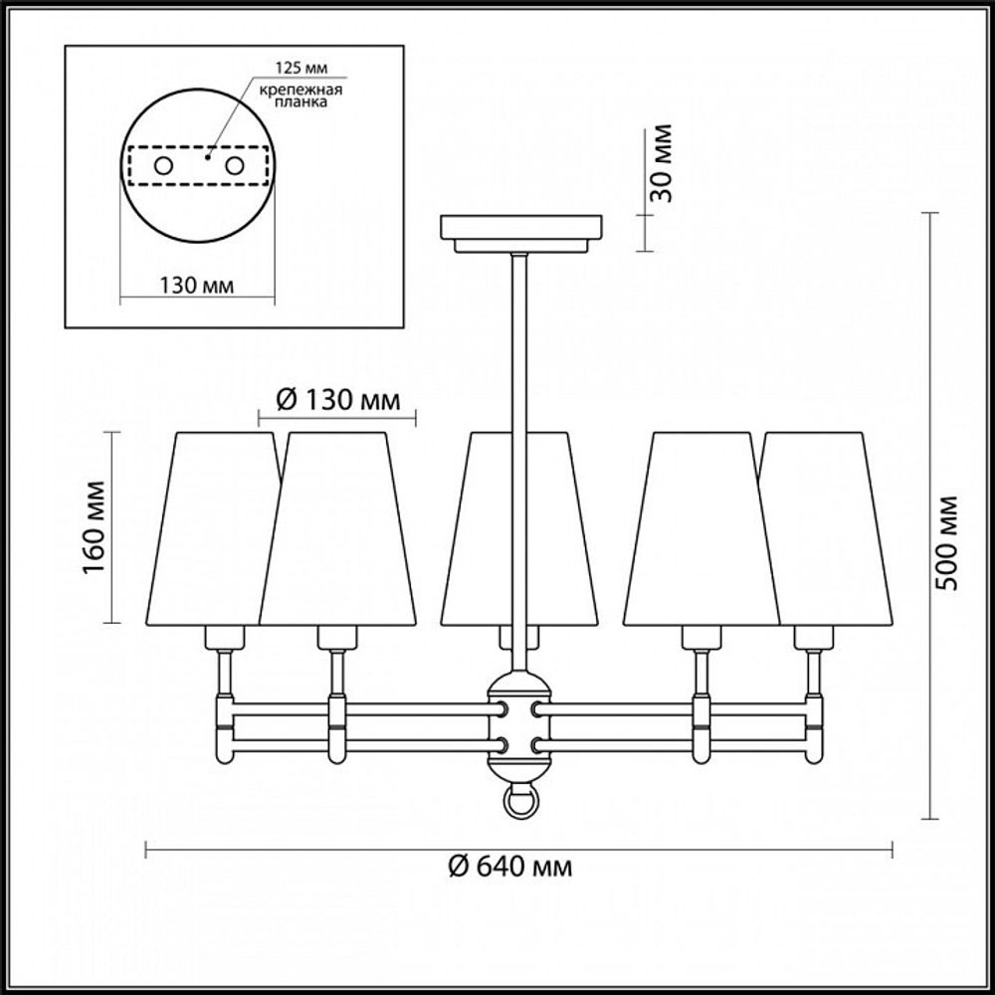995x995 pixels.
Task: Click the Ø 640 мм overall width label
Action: point(509,867)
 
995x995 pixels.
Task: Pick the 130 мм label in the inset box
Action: point(196,285)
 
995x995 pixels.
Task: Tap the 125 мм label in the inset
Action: point(300,70)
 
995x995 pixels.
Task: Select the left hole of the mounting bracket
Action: point(162,165)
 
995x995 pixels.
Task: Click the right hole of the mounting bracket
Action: point(235,165)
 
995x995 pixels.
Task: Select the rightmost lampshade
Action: point(836,527)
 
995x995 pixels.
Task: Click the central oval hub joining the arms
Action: point(518,724)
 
